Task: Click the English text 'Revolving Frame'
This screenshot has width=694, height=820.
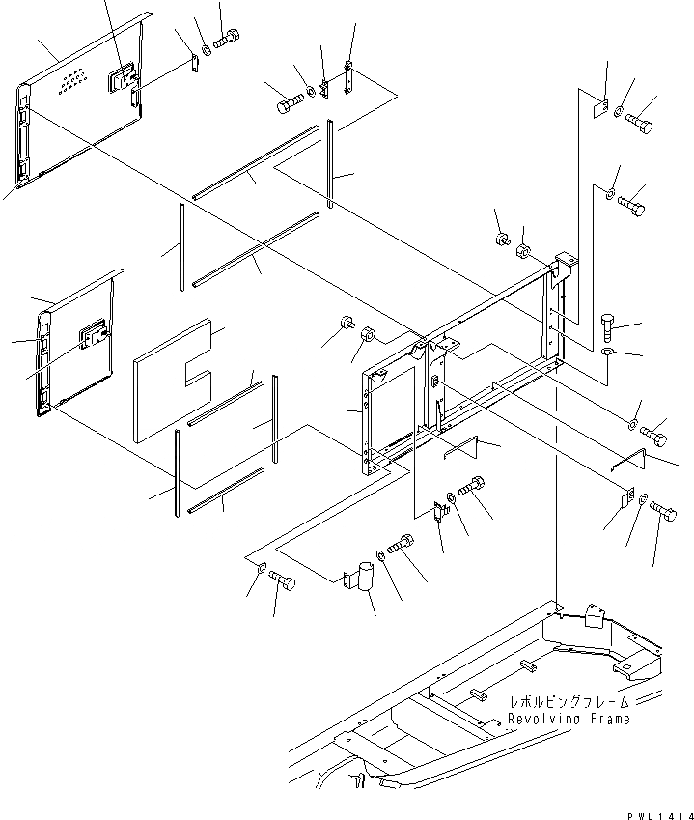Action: tap(569, 719)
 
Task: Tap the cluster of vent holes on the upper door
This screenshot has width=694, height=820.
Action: tap(70, 84)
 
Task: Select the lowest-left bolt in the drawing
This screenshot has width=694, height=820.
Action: tap(283, 580)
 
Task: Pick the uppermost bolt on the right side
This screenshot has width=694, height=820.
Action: tap(640, 124)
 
